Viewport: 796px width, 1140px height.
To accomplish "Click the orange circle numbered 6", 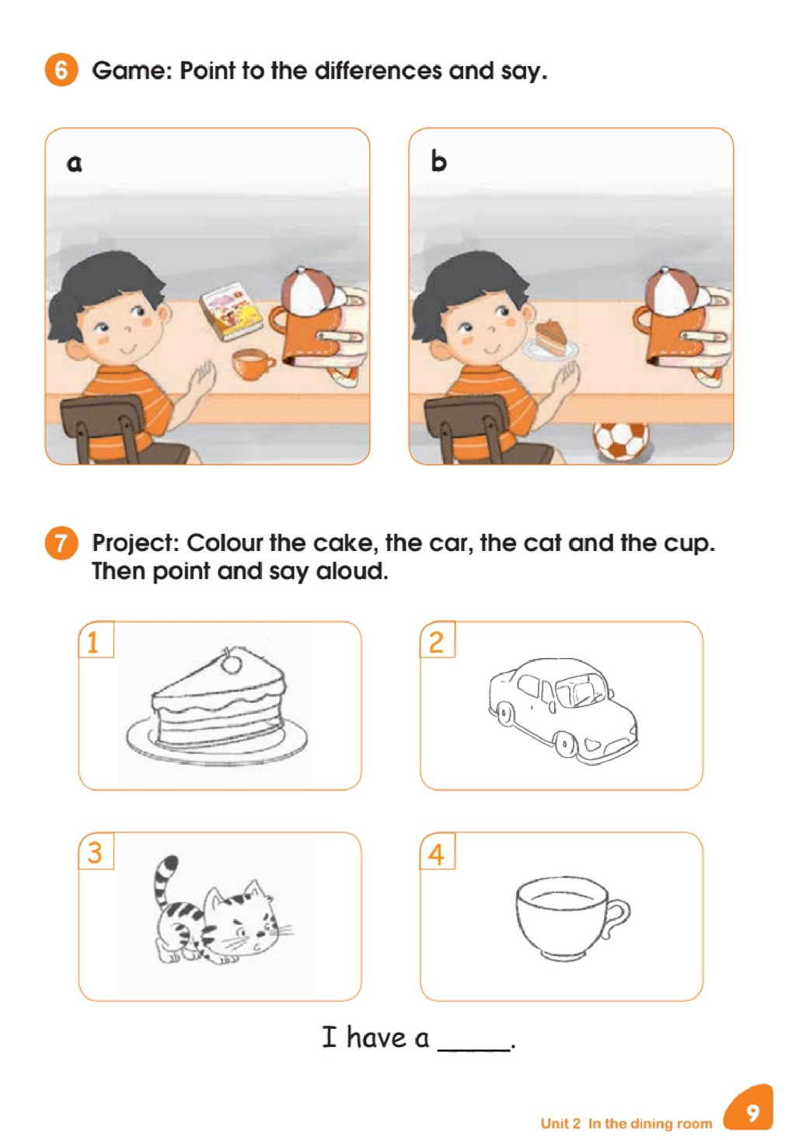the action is pos(61,70).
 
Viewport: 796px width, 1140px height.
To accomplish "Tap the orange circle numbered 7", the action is pos(61,543).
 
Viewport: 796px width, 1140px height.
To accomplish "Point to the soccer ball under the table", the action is pos(620,441).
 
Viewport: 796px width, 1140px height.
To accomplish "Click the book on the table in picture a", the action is pos(231,312).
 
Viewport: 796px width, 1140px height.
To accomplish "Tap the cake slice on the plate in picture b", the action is pos(550,337).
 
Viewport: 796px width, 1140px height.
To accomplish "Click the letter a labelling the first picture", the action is pos(75,163).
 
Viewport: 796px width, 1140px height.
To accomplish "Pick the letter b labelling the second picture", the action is pos(438,162).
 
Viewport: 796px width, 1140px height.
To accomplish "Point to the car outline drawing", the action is pos(562,711).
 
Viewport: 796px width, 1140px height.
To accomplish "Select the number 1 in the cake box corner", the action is pos(93,642).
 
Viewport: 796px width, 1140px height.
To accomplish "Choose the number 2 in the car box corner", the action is pos(436,642).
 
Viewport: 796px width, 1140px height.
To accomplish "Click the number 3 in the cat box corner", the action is pos(95,852).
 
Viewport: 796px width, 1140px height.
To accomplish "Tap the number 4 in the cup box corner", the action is pos(436,854).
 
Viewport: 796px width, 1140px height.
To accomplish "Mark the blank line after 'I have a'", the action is pos(474,1049).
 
